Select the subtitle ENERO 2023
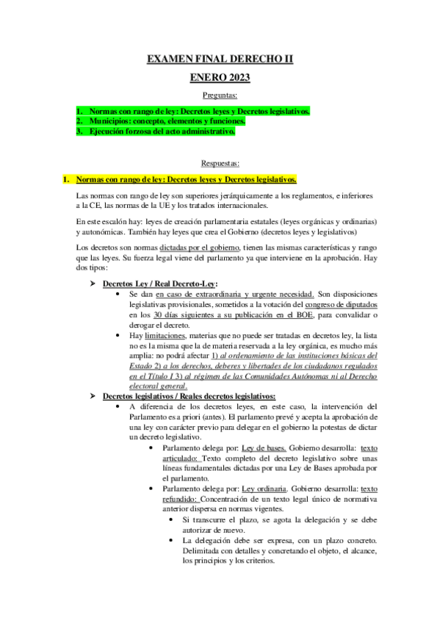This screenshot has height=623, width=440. tap(220, 78)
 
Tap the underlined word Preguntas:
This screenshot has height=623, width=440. tap(220, 96)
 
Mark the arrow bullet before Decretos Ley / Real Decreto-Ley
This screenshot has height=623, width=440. tap(93, 284)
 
